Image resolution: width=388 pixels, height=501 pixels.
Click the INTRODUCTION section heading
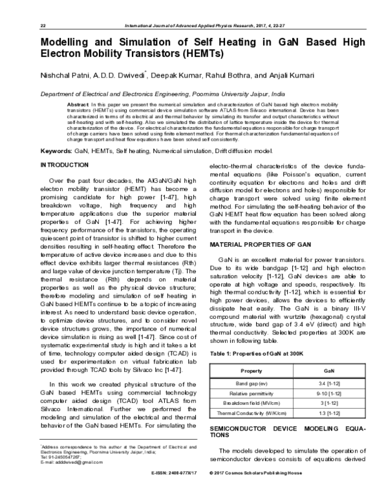pyautogui.click(x=65, y=165)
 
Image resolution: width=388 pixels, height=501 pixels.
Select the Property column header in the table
pyautogui.click(x=251, y=371)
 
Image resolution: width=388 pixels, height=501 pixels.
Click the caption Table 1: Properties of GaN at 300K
pyautogui.click(x=252, y=354)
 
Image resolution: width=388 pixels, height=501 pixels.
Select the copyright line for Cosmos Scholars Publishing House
pyautogui.click(x=259, y=491)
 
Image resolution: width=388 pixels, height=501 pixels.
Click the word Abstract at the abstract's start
pyautogui.click(x=79, y=104)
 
